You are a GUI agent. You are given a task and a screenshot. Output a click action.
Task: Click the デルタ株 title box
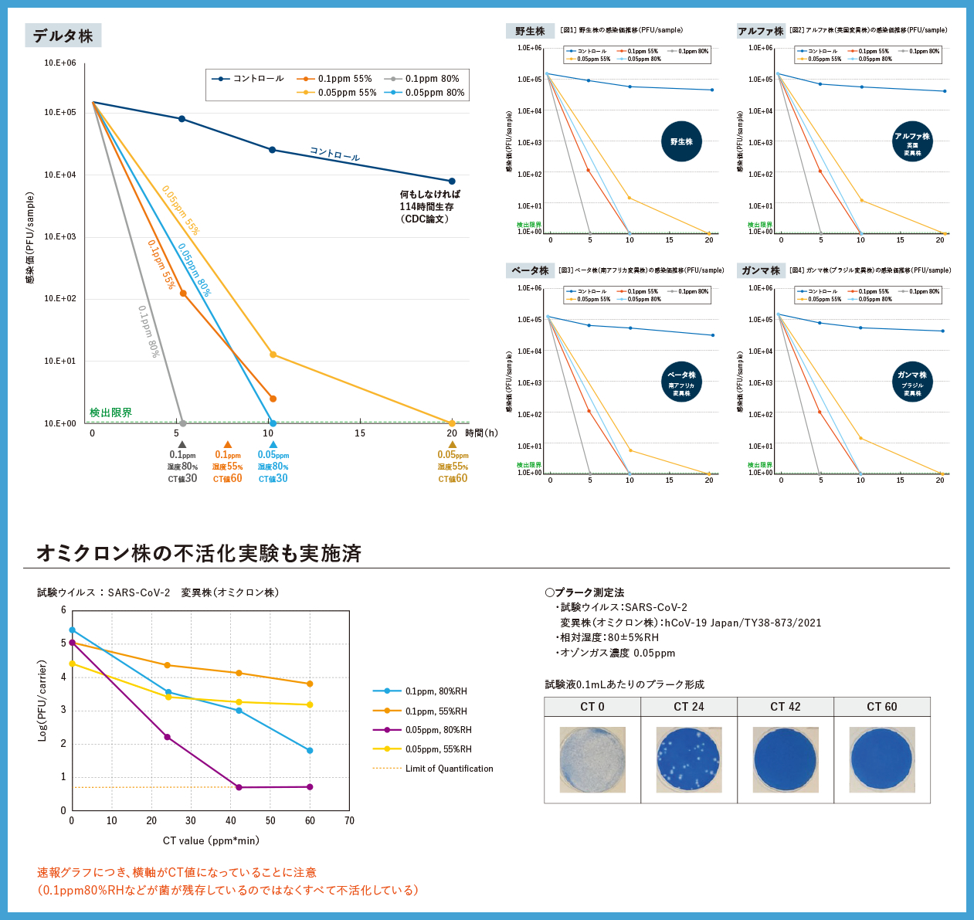63,36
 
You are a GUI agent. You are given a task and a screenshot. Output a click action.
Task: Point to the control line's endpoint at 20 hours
452,182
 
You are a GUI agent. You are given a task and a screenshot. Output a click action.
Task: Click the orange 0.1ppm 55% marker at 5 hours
183,294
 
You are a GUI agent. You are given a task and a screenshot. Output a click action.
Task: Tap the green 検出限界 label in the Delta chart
110,412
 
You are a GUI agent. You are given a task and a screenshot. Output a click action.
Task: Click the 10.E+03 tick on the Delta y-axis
59,236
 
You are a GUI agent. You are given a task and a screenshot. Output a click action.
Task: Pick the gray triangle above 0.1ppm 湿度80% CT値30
182,444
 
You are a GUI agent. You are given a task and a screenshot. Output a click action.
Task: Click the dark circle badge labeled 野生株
681,141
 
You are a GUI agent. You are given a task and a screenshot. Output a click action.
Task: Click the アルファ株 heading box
760,31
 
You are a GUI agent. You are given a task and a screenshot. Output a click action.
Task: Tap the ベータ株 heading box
530,270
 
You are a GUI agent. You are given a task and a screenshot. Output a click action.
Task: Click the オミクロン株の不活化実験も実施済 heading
199,553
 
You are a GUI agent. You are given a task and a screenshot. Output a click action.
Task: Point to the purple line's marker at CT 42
239,787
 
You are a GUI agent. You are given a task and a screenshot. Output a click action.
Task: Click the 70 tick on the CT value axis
349,820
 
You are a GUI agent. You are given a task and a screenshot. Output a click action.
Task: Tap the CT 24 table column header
689,707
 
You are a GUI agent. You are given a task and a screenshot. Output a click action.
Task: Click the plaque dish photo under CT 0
592,759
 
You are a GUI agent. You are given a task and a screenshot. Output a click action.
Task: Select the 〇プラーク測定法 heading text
585,592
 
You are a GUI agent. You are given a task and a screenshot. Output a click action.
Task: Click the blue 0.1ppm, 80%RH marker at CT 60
310,751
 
